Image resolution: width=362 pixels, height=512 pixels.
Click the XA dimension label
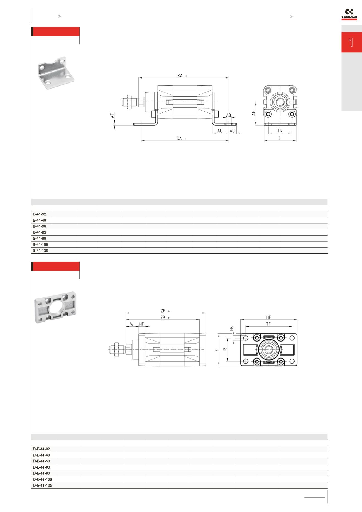[x=180, y=75]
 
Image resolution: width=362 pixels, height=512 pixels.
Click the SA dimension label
[x=179, y=138]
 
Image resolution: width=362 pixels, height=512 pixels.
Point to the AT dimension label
[x=112, y=116]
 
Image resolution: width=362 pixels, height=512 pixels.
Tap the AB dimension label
[x=228, y=115]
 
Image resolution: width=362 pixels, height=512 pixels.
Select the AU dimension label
[x=220, y=131]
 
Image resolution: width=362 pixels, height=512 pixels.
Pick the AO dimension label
[x=232, y=131]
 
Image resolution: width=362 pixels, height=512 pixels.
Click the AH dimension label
[x=254, y=113]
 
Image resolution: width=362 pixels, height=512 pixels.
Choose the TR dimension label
[x=280, y=131]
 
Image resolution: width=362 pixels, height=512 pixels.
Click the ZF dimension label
[x=163, y=311]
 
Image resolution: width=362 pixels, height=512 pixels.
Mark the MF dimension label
[x=141, y=324]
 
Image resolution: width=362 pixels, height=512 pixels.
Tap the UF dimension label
[x=268, y=317]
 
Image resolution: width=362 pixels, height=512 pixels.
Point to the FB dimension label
[x=231, y=329]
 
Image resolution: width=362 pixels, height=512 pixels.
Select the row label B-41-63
[x=40, y=232]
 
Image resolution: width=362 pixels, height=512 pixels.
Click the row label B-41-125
[x=40, y=251]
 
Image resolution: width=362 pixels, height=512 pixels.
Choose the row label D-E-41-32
[x=41, y=449]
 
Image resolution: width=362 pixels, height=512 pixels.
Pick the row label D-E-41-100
[x=42, y=479]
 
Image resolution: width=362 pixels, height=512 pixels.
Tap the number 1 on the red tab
[x=351, y=43]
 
